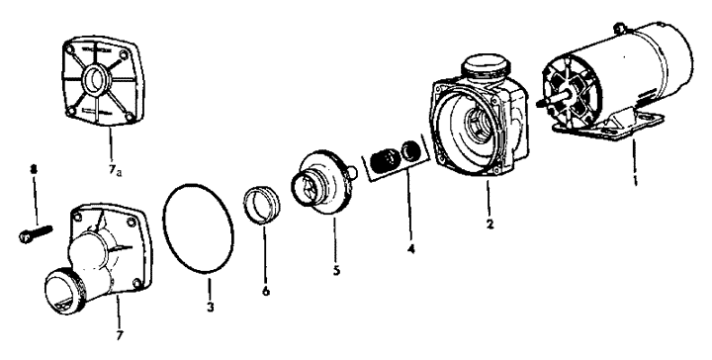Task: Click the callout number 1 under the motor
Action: coord(635,182)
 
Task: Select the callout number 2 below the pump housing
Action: coord(489,224)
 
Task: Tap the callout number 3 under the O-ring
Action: coord(210,307)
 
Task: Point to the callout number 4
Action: coord(411,249)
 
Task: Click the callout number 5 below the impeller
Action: coord(336,270)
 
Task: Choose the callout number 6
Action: coord(266,291)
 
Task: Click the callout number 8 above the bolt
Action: coord(33,169)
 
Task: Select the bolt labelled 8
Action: coord(36,232)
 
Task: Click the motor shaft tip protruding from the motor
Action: coord(540,104)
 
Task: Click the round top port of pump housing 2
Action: coord(484,67)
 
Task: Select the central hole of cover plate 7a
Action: coord(96,80)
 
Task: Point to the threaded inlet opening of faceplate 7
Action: coord(62,290)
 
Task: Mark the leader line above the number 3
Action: coord(210,288)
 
